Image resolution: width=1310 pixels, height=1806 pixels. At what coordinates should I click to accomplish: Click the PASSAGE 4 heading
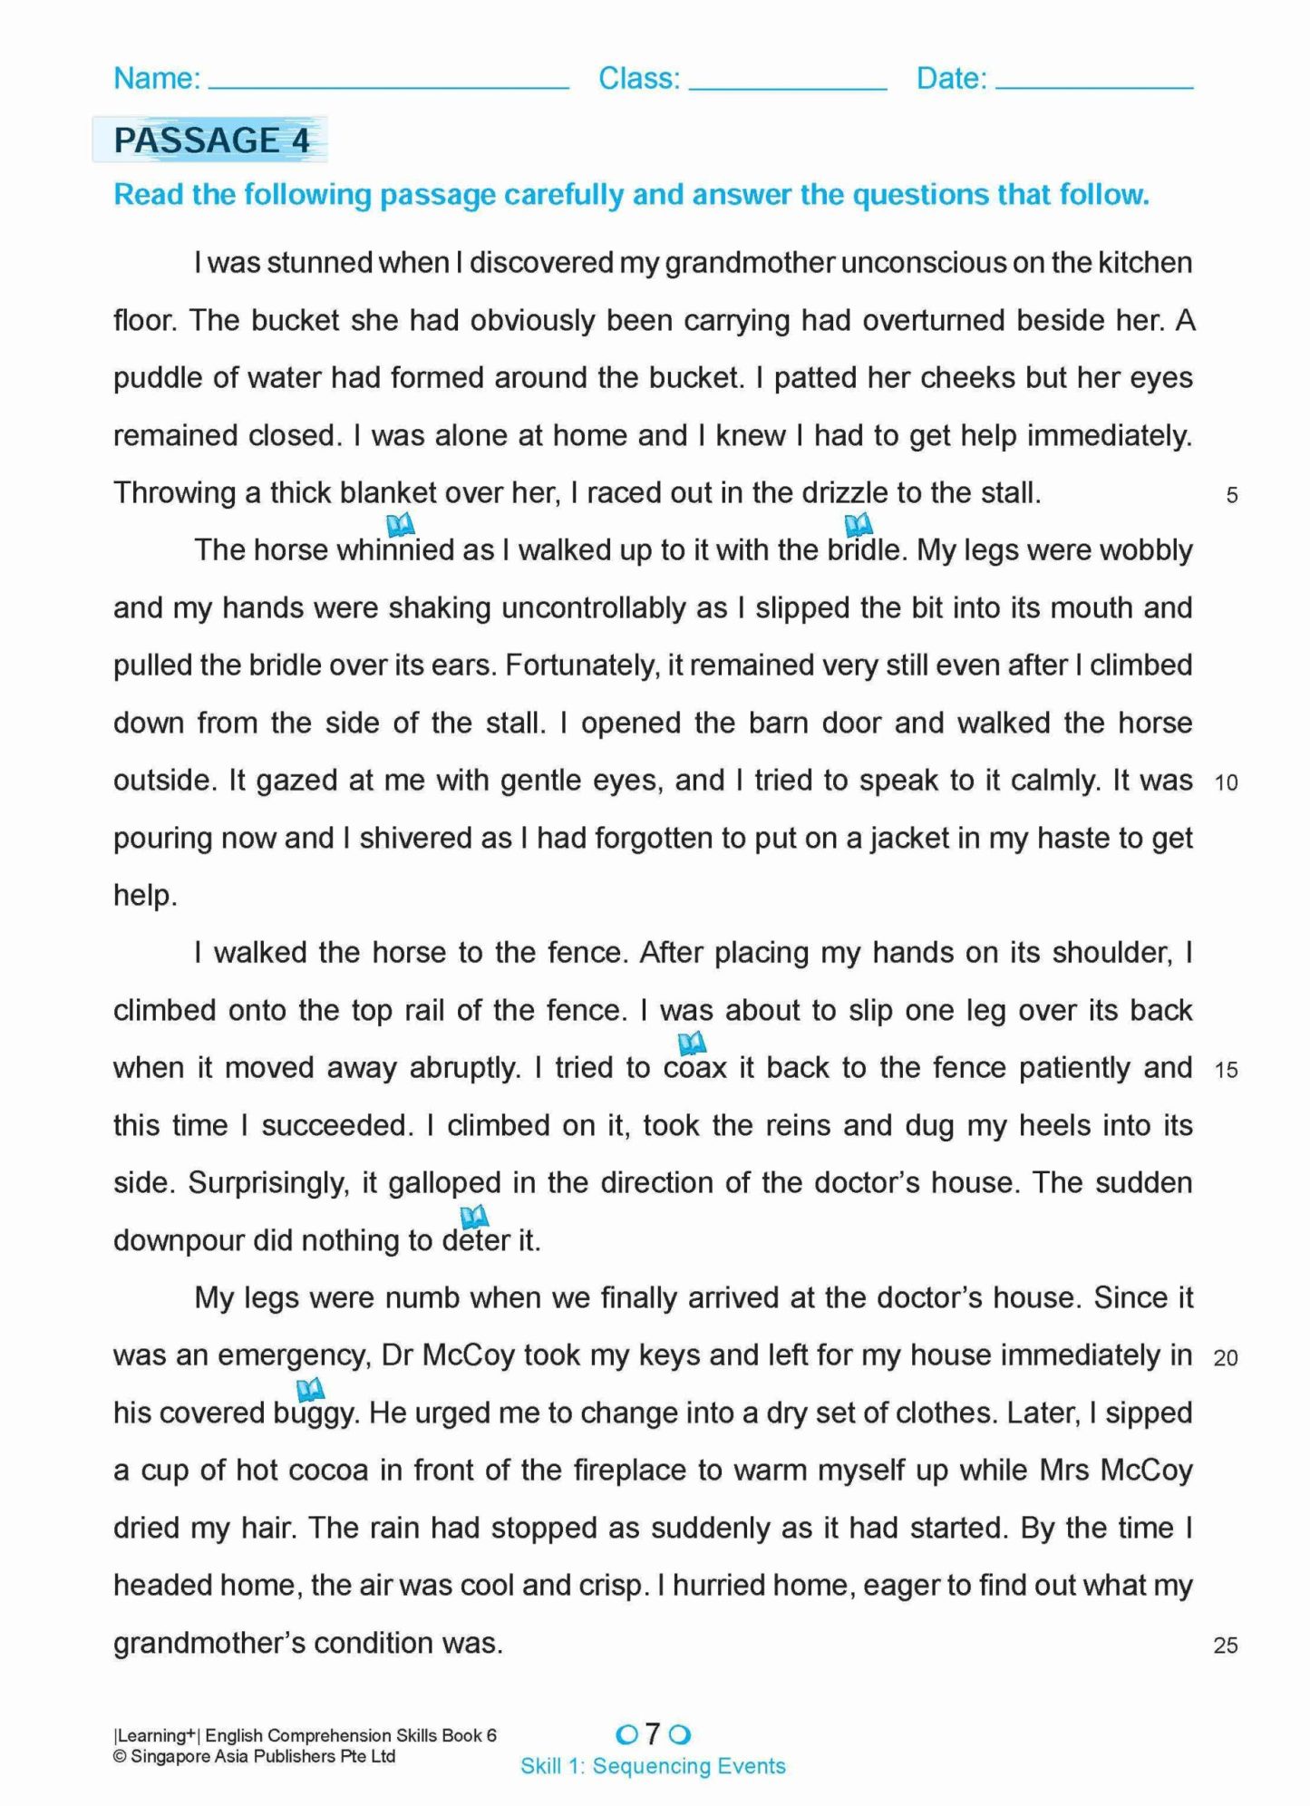[x=211, y=141]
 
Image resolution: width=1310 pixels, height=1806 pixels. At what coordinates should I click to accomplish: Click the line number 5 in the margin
[x=1231, y=495]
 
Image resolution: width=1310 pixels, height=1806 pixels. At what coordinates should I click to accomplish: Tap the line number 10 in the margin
[x=1226, y=782]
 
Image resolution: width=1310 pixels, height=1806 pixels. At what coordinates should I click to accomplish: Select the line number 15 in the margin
[x=1226, y=1070]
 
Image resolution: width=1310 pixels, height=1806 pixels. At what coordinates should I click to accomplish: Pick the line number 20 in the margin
[x=1226, y=1357]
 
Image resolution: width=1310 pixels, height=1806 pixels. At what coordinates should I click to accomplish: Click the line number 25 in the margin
[x=1226, y=1645]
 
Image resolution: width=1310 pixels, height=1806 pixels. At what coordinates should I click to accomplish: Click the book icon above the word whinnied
[x=400, y=524]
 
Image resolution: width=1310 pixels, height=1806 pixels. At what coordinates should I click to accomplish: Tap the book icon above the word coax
[x=692, y=1043]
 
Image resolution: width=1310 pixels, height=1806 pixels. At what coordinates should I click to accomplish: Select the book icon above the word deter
[x=474, y=1216]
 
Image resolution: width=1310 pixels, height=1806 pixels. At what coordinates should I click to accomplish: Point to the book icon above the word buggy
[x=310, y=1388]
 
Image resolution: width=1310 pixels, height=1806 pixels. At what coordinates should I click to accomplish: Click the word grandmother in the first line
[x=749, y=263]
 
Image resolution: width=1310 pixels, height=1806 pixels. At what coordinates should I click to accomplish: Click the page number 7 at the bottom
[x=653, y=1733]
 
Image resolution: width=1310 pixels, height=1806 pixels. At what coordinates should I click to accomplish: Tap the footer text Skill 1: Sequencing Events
[x=653, y=1766]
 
